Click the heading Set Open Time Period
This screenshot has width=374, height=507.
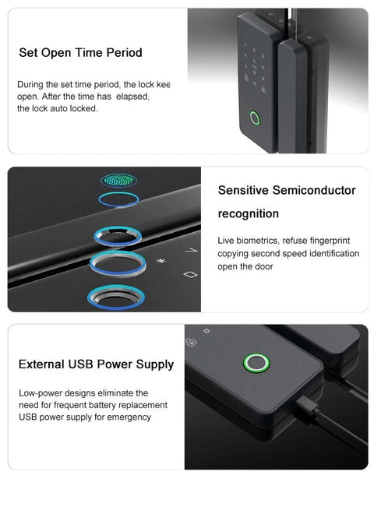tap(80, 53)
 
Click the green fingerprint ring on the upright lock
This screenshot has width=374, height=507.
tap(253, 120)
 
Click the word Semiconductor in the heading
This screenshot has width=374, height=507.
tap(312, 190)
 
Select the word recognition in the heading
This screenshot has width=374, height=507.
tap(249, 213)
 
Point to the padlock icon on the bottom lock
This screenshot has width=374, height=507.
tap(191, 340)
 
